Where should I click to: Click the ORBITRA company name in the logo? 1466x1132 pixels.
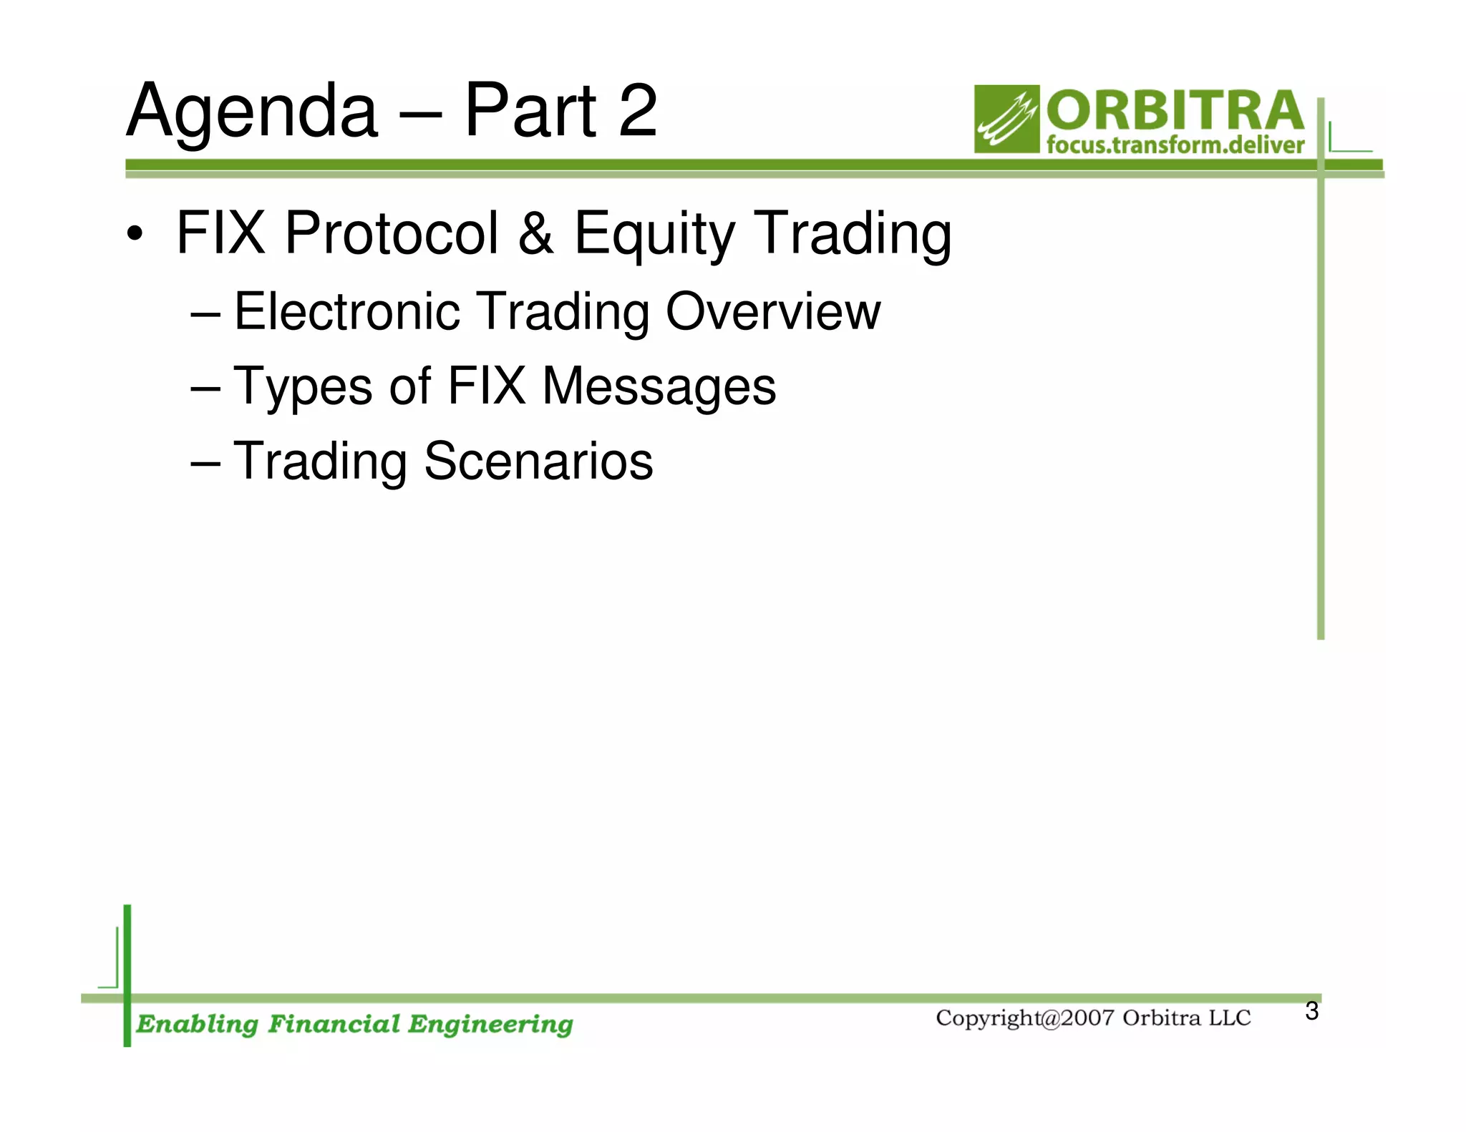tap(1175, 112)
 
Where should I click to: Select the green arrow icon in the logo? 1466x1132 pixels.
tap(1006, 119)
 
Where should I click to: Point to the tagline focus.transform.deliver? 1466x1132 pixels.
tap(1175, 145)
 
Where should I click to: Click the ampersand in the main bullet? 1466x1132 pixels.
tap(535, 233)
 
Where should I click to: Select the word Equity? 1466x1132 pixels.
tap(654, 235)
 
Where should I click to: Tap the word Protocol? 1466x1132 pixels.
tap(392, 233)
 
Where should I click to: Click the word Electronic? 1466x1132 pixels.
tap(347, 312)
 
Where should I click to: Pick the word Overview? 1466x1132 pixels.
tap(772, 312)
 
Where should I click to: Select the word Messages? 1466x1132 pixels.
tap(659, 387)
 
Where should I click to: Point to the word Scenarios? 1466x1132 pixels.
tap(538, 462)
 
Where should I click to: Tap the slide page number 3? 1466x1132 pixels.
tap(1311, 1011)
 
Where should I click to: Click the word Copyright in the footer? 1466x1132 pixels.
tap(988, 1018)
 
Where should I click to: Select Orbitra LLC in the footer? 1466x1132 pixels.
tap(1186, 1018)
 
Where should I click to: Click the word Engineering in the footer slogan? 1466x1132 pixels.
tap(490, 1025)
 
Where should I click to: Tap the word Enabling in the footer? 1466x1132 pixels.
tap(197, 1025)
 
